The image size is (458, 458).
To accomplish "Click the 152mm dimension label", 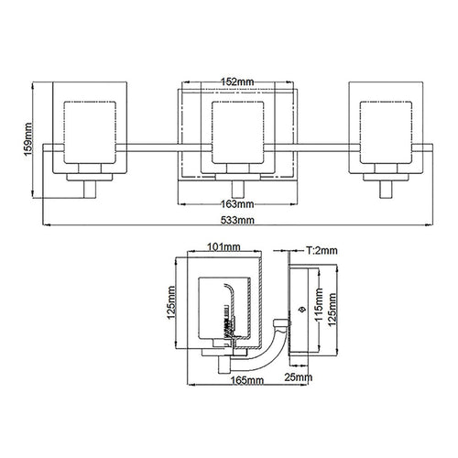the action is click(237, 82).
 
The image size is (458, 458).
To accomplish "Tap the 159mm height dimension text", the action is click(27, 139).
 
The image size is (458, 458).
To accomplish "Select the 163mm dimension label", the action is click(237, 204).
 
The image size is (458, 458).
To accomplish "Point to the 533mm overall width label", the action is click(237, 220).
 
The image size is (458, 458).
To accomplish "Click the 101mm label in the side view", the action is click(224, 246).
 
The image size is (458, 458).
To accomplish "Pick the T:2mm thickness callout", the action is click(322, 251).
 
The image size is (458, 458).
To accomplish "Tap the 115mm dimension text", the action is click(319, 304).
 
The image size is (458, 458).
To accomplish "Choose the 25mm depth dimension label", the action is click(299, 377).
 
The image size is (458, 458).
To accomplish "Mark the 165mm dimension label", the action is click(246, 380).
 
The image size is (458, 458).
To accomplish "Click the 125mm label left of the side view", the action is click(170, 302).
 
